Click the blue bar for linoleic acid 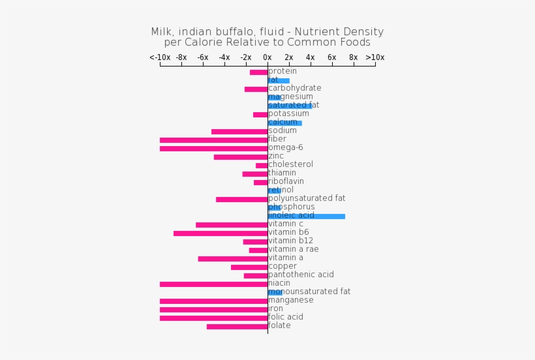(x=306, y=217)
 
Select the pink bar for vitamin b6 (x=221, y=233)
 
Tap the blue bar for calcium (x=284, y=123)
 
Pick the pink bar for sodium (x=239, y=132)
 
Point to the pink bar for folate (x=237, y=327)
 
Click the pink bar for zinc (x=241, y=157)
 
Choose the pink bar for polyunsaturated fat (x=241, y=200)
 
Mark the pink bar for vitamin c (x=232, y=225)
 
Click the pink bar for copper (x=249, y=267)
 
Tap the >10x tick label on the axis (x=374, y=57)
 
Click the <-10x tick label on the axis (x=160, y=57)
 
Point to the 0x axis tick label (x=267, y=57)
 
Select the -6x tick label (x=203, y=57)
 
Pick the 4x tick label (x=310, y=57)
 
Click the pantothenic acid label (x=301, y=275)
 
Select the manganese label (x=290, y=300)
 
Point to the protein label (x=283, y=71)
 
